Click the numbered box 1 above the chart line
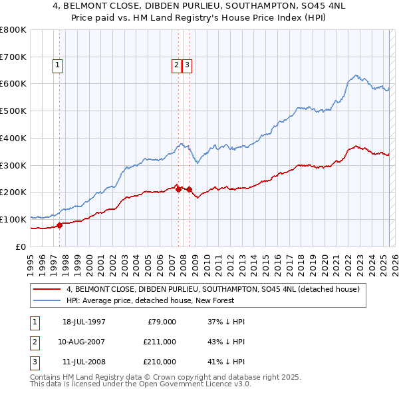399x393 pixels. pos(59,65)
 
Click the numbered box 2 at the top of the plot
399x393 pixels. pos(176,65)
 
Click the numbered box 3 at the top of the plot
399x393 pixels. pos(187,65)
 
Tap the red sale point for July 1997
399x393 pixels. pos(59,224)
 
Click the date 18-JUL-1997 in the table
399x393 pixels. pos(84,322)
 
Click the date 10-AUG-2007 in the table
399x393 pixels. pos(84,342)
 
